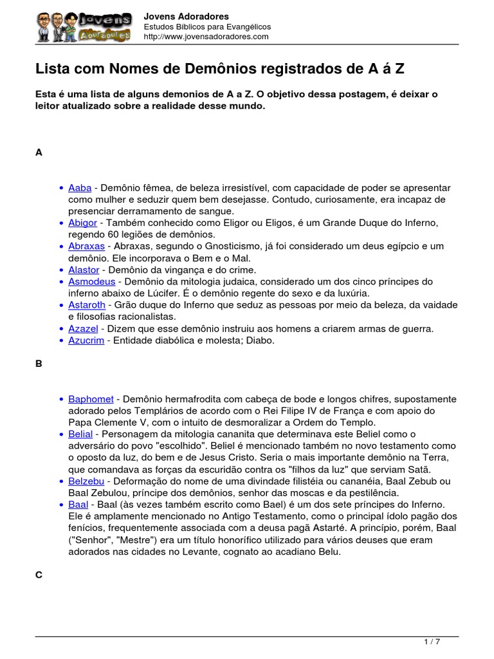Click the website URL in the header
tap(206, 37)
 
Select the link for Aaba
tap(80, 188)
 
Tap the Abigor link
tap(82, 223)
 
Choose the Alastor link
tap(84, 270)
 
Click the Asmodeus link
tap(92, 282)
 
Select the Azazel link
tap(83, 329)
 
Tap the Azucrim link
tap(86, 340)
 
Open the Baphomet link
tap(91, 399)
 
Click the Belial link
tap(80, 434)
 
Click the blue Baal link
tap(78, 505)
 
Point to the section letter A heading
tap(39, 153)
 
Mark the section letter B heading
tap(39, 364)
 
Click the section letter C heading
tap(39, 575)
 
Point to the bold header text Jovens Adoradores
tap(186, 16)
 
